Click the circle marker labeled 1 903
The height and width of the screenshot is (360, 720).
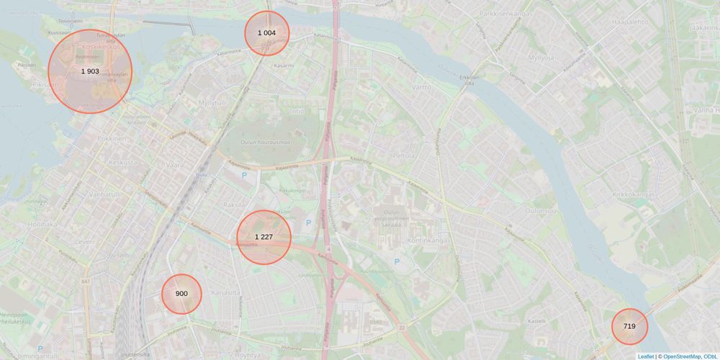pyautogui.click(x=90, y=71)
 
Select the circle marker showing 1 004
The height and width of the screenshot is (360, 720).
pyautogui.click(x=266, y=33)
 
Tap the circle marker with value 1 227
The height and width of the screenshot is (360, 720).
pyautogui.click(x=264, y=237)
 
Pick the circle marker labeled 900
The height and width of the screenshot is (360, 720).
pyautogui.click(x=181, y=294)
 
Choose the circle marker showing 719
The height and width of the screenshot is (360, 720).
pyautogui.click(x=629, y=326)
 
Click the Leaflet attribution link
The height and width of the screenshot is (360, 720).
pyautogui.click(x=645, y=356)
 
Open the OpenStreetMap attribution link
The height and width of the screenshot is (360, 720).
pyautogui.click(x=682, y=356)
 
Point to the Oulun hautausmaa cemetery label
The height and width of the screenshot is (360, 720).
pyautogui.click(x=264, y=142)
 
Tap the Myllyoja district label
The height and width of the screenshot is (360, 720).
pyautogui.click(x=541, y=58)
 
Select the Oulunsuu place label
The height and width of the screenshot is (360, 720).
pyautogui.click(x=540, y=210)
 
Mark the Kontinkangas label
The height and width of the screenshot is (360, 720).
pyautogui.click(x=428, y=240)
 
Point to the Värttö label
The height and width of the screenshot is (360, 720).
pyautogui.click(x=422, y=87)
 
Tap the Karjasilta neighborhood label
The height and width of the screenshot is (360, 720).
pyautogui.click(x=225, y=293)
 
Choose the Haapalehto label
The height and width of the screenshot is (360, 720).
pyautogui.click(x=629, y=22)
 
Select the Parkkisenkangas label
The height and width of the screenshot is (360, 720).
pyautogui.click(x=505, y=13)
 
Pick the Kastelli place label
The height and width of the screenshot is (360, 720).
pyautogui.click(x=537, y=320)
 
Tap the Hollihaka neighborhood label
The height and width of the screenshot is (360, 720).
pyautogui.click(x=42, y=224)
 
